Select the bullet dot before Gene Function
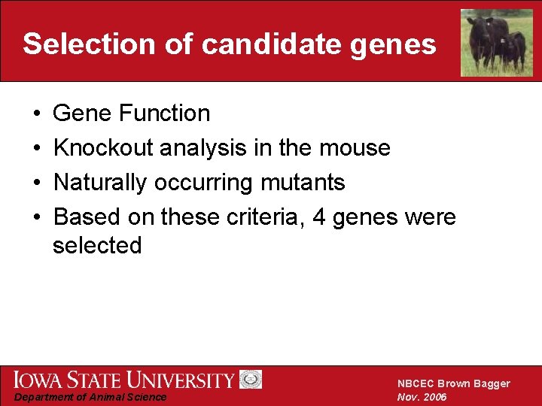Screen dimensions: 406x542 click(x=37, y=114)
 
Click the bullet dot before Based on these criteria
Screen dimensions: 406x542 click(x=37, y=218)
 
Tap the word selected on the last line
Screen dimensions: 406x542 click(x=97, y=246)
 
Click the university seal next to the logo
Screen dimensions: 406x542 click(x=251, y=380)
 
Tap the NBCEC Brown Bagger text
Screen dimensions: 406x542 click(x=453, y=383)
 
